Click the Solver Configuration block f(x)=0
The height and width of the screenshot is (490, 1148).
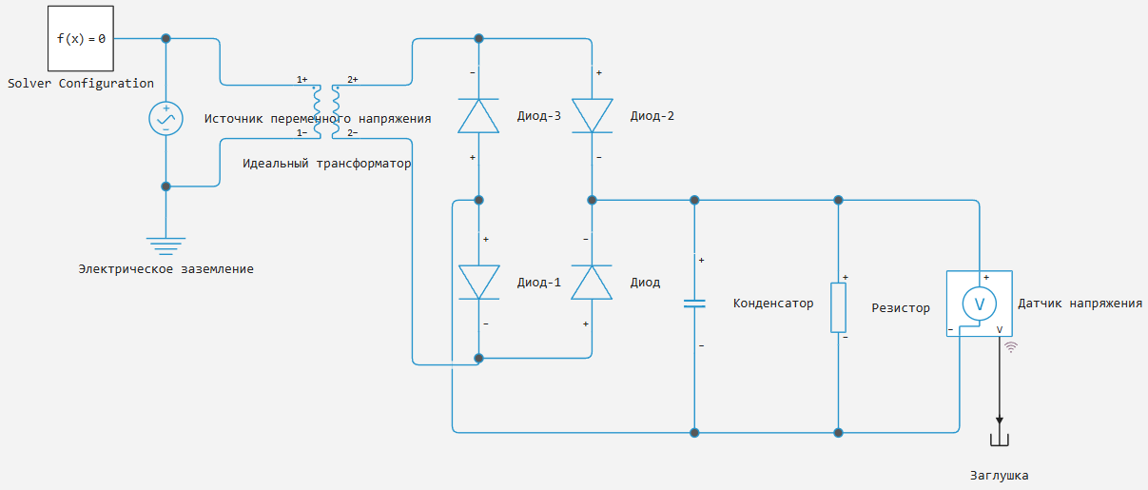(x=81, y=38)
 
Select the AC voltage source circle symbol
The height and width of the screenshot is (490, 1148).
(x=165, y=118)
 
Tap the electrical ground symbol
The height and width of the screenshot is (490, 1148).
(x=165, y=246)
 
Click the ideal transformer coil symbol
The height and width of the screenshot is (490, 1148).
(x=326, y=111)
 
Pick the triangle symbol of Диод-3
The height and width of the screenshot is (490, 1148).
(x=478, y=116)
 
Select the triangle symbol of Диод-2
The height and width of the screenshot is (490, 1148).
(x=592, y=116)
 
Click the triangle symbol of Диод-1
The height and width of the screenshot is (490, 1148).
(x=478, y=282)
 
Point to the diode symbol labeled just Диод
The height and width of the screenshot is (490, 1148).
(x=592, y=282)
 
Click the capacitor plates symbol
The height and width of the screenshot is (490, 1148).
(x=694, y=304)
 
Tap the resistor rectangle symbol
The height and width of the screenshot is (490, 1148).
(x=839, y=307)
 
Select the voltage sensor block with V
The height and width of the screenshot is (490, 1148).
(x=980, y=304)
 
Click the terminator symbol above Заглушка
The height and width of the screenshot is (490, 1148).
(x=1000, y=440)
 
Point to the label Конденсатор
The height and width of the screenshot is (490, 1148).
(x=773, y=304)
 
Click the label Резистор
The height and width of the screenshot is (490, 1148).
(x=901, y=308)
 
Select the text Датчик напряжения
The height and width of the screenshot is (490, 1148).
(x=1080, y=304)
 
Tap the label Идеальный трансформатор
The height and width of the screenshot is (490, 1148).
(x=326, y=164)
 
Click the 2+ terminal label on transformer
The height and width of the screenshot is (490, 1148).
(x=353, y=79)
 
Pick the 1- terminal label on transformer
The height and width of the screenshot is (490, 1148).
(x=302, y=133)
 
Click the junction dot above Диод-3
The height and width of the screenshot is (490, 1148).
(x=478, y=38)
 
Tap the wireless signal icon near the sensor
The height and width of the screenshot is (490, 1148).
(x=1011, y=347)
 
